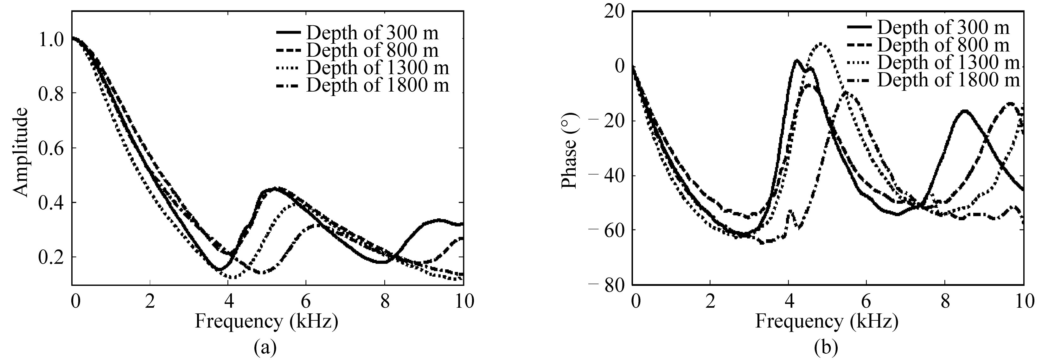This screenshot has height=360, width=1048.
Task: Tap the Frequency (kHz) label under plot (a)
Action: click(266, 321)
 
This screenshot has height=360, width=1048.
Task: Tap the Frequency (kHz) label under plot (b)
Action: click(827, 321)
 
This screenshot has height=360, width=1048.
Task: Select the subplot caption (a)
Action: click(265, 347)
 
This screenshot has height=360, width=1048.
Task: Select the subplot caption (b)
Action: click(826, 347)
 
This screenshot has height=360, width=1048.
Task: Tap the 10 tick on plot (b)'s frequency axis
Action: click(1023, 302)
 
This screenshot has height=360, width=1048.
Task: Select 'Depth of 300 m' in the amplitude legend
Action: click(372, 32)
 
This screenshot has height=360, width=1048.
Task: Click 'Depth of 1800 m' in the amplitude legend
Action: click(378, 85)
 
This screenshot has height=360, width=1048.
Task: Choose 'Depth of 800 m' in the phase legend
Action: click(943, 45)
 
